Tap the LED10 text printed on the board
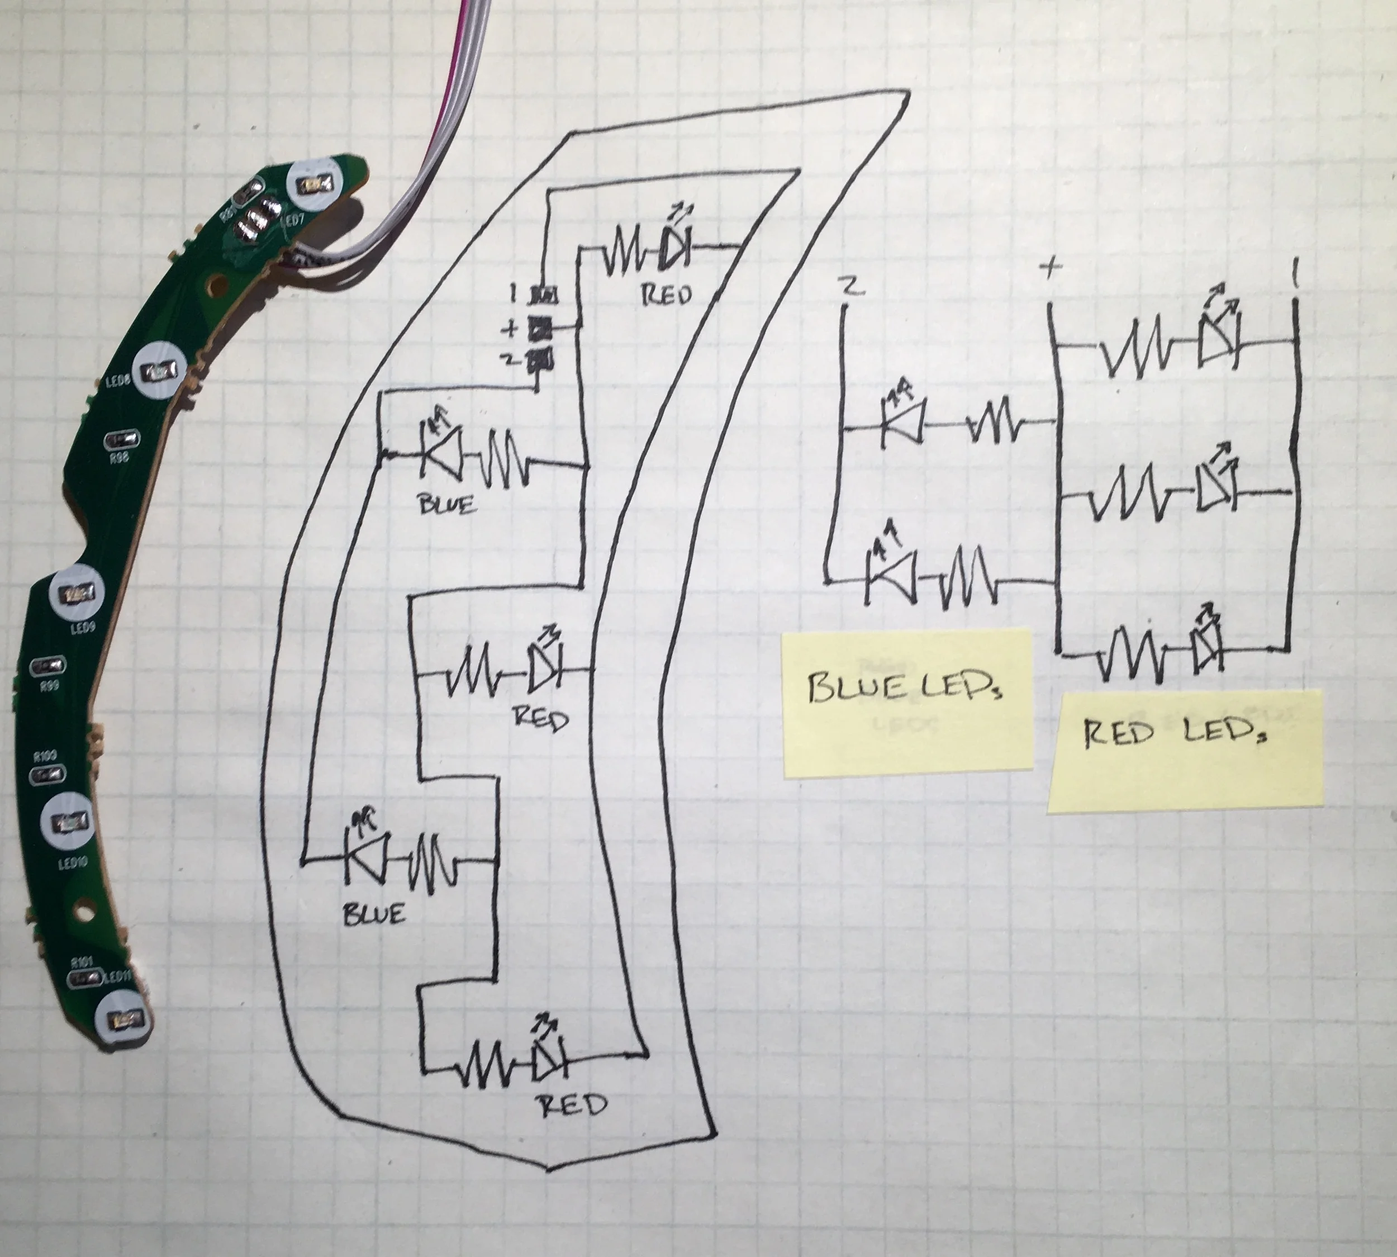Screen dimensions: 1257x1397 pyautogui.click(x=73, y=862)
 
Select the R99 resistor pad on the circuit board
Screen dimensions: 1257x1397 pyautogui.click(x=49, y=666)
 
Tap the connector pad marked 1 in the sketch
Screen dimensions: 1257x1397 pyautogui.click(x=544, y=296)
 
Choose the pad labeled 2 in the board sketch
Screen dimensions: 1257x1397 pyautogui.click(x=543, y=359)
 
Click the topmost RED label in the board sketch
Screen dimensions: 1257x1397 pyautogui.click(x=666, y=295)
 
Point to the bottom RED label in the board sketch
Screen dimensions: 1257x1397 pyautogui.click(x=572, y=1106)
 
